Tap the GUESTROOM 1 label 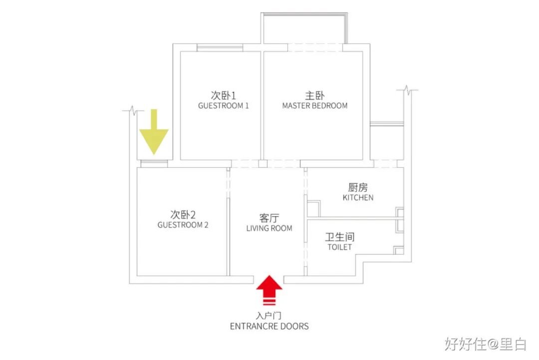(x=223, y=106)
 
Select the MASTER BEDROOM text (x=315, y=106)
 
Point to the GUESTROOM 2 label (x=183, y=225)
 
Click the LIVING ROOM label (x=269, y=228)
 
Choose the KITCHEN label (x=358, y=198)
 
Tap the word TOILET (x=339, y=247)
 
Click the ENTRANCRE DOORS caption (x=269, y=327)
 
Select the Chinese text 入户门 (x=269, y=316)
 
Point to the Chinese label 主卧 (x=315, y=95)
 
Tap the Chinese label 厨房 (x=358, y=187)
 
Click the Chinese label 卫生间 (x=340, y=237)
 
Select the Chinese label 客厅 (x=269, y=218)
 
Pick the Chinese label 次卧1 (x=223, y=95)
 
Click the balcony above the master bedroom (x=303, y=29)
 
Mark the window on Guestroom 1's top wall (x=220, y=47)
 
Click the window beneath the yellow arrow (x=154, y=163)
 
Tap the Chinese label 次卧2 (x=183, y=215)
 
